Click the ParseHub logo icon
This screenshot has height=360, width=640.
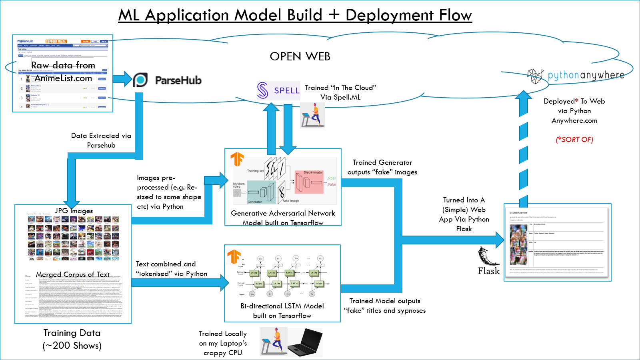click(x=140, y=80)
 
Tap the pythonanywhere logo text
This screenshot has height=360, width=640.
click(x=586, y=75)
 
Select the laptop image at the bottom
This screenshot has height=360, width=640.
click(x=305, y=342)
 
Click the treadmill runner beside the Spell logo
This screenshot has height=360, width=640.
click(x=312, y=115)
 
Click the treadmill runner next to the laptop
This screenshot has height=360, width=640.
click(x=273, y=341)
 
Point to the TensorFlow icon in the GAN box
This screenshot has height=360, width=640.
click(x=237, y=159)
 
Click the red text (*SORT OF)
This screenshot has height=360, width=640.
click(x=574, y=140)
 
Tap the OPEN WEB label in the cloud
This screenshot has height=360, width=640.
click(x=300, y=56)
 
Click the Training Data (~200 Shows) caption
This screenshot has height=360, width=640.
click(x=72, y=339)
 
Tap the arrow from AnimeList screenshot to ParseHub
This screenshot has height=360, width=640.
click(x=122, y=79)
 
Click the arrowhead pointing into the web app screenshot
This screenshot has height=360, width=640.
click(x=500, y=240)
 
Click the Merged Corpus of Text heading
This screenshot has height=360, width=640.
click(x=73, y=274)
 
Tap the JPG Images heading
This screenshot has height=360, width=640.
click(x=74, y=211)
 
